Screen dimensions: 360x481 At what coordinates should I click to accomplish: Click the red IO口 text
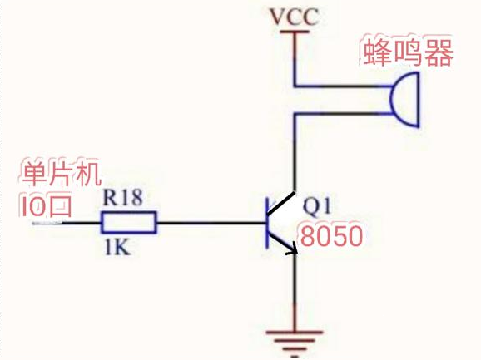pyautogui.click(x=46, y=205)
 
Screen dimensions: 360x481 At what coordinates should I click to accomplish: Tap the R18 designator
pyautogui.click(x=121, y=199)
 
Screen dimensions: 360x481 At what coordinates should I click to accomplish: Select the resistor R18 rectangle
pyautogui.click(x=129, y=223)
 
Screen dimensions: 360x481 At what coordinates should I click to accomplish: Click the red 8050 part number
pyautogui.click(x=332, y=237)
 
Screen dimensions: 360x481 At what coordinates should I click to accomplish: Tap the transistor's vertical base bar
pyautogui.click(x=266, y=223)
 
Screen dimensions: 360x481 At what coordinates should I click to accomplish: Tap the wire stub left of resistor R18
pyautogui.click(x=75, y=223)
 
